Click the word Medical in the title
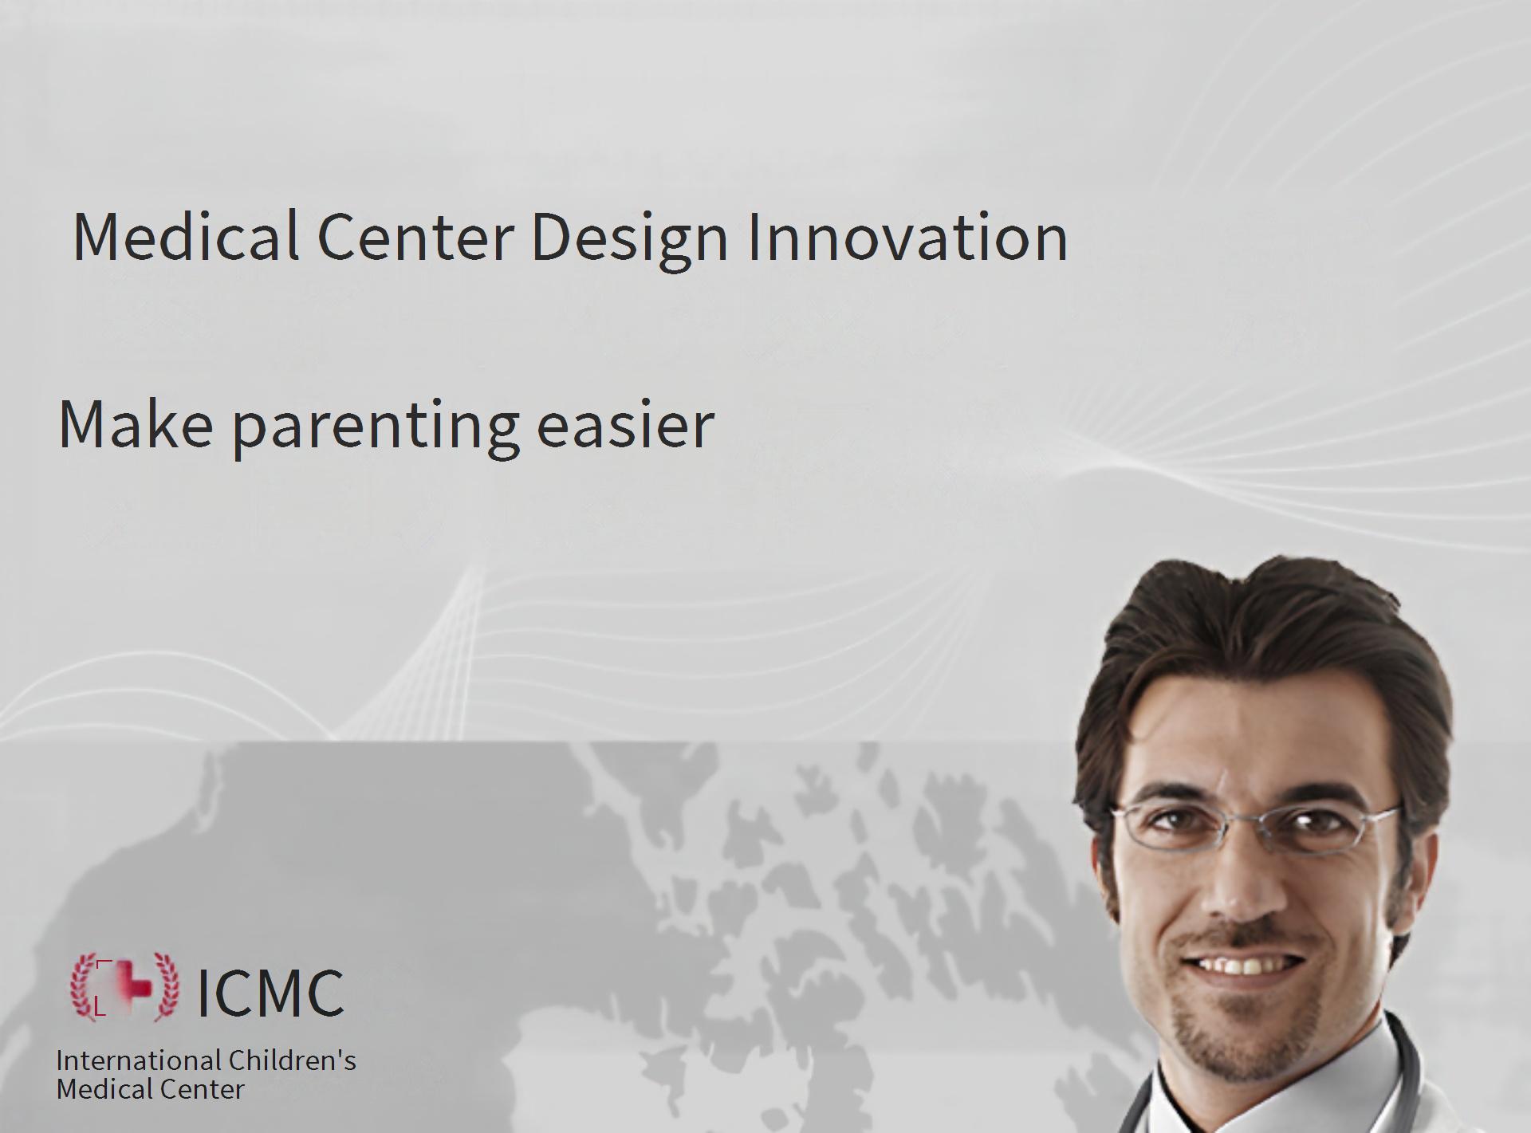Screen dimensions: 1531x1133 pyautogui.click(x=186, y=237)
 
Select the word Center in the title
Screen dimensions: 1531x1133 pyautogui.click(x=415, y=237)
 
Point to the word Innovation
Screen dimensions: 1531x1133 pyautogui.click(x=907, y=237)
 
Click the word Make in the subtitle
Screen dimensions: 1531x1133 pyautogui.click(x=136, y=424)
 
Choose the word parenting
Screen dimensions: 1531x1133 pyautogui.click(x=376, y=429)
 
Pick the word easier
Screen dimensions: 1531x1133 pyautogui.click(x=625, y=424)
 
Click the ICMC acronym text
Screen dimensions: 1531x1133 pyautogui.click(x=270, y=992)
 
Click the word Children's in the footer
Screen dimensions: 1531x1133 pyautogui.click(x=292, y=1060)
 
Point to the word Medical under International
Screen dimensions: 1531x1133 pyautogui.click(x=104, y=1089)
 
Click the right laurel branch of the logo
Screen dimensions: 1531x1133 pyautogui.click(x=165, y=987)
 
